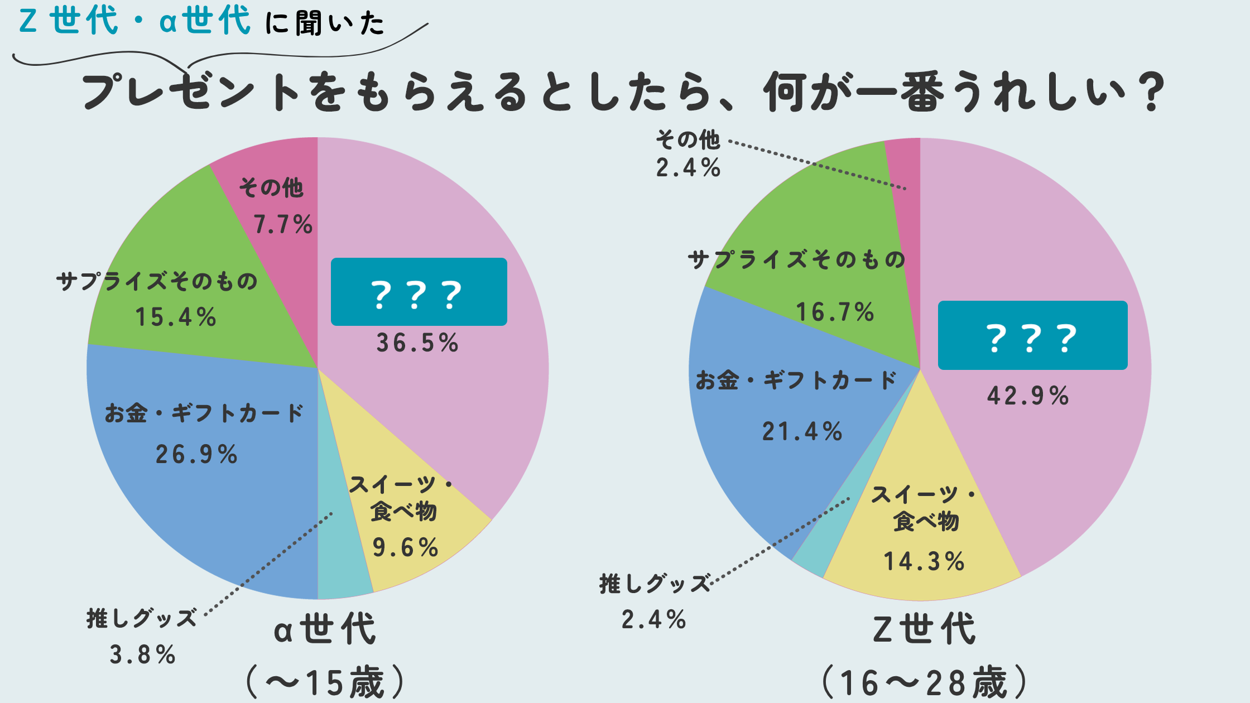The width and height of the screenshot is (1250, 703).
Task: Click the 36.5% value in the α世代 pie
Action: point(417,343)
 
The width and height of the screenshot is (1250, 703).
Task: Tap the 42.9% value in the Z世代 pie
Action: point(1027,396)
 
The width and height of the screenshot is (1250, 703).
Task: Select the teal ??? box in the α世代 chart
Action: point(419,292)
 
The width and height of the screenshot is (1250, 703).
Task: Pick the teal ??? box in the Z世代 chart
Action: point(1032,335)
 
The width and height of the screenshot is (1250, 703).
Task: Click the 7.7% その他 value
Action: point(282,224)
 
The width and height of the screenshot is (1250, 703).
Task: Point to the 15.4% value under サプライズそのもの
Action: point(175,317)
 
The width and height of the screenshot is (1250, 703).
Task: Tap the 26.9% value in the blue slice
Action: point(196,454)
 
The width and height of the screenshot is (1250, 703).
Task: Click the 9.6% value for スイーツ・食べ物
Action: point(405,547)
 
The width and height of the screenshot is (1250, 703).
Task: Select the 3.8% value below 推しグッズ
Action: point(142,654)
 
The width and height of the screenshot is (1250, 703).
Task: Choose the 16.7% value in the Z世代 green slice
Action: point(834,312)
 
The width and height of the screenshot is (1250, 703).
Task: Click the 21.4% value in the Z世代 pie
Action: point(802,431)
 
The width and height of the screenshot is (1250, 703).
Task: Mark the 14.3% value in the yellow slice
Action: point(924,561)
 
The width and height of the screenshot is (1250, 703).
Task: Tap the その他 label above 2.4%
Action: point(687,139)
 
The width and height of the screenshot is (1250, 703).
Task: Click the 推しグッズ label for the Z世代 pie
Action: point(655,584)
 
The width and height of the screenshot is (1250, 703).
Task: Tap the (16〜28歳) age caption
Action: point(924,682)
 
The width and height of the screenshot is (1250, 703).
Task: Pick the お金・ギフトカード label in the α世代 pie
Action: point(204,413)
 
